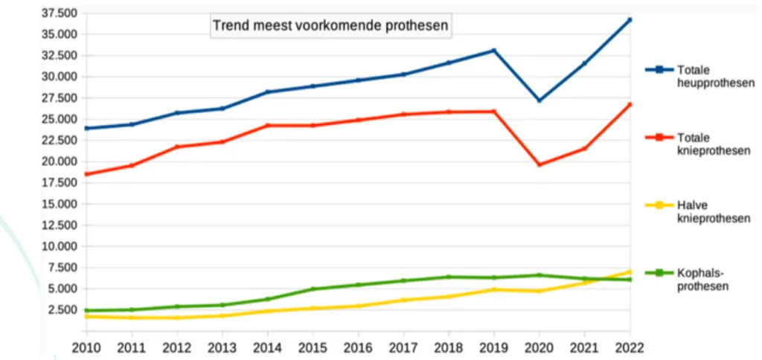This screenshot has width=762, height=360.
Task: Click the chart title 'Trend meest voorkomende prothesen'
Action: click(x=330, y=26)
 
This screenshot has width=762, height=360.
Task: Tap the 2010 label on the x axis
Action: click(x=87, y=347)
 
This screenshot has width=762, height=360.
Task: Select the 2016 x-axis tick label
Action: click(x=358, y=347)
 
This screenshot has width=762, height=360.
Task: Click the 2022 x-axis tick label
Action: click(x=629, y=347)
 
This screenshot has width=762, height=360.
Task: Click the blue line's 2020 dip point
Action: click(x=539, y=100)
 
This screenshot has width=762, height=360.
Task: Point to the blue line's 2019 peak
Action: click(x=493, y=51)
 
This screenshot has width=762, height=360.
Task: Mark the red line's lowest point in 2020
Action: click(x=539, y=164)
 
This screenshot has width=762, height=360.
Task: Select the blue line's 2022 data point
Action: click(x=630, y=19)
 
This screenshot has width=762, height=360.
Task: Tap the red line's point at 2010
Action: click(x=87, y=174)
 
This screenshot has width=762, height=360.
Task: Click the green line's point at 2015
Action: click(x=313, y=289)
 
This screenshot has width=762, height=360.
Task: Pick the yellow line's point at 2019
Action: click(x=493, y=289)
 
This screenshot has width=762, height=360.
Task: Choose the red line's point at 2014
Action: click(x=268, y=125)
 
